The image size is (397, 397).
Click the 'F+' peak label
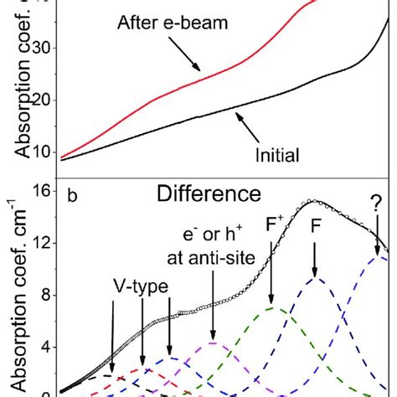pos(271,249)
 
